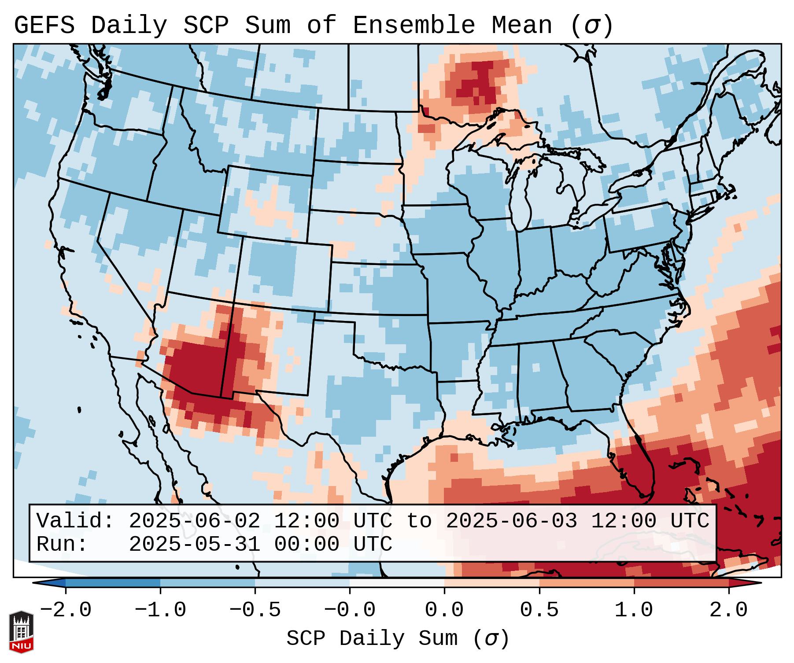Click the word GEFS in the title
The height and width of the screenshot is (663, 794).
[44, 26]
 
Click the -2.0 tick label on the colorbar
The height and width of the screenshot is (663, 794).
[66, 610]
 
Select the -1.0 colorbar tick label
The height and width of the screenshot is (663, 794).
[160, 610]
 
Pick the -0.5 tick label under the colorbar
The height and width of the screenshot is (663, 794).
[255, 610]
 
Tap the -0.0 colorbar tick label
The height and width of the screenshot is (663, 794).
[350, 610]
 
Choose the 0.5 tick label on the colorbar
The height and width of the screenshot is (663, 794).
[539, 610]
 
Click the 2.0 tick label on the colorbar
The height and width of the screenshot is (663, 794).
[728, 610]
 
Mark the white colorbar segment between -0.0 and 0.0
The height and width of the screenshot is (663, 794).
[397, 583]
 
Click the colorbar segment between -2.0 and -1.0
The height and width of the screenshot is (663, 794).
[113, 583]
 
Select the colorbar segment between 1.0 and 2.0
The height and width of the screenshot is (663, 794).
[681, 583]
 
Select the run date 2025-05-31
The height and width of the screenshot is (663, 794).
[194, 545]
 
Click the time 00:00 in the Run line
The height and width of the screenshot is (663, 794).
[307, 545]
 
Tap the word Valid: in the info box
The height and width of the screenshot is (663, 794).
[75, 521]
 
